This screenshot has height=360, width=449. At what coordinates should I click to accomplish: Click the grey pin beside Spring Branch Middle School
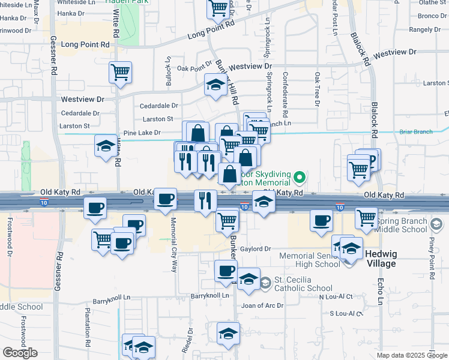[x=436, y=224]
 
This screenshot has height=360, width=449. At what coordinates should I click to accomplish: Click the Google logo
[x=20, y=353]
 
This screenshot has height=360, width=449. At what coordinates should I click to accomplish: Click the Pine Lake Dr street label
[x=142, y=133]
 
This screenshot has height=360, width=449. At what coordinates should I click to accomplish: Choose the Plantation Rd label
[x=88, y=324]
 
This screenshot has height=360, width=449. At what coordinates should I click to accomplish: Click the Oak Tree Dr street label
[x=316, y=90]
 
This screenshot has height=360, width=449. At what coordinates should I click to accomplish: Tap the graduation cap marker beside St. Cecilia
[x=248, y=280]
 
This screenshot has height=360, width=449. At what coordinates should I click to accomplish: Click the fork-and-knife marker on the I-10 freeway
[x=205, y=201]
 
